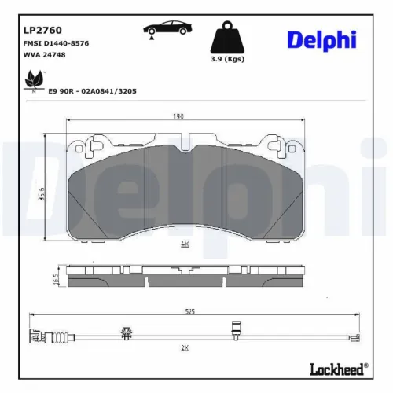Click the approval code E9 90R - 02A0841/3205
tap(93, 91)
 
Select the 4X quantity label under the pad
tap(185, 244)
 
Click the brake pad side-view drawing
tap(185, 275)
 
